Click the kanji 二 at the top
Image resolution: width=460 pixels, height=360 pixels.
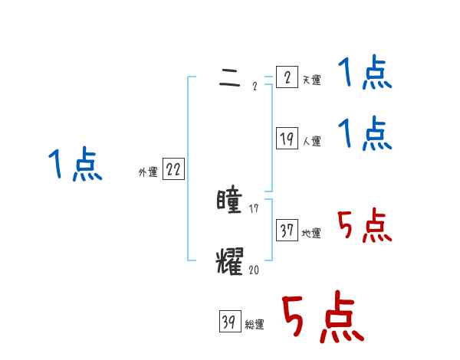tap(229, 77)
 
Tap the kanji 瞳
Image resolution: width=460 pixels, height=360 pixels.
tap(230, 201)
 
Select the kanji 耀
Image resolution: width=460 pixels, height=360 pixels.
tap(230, 260)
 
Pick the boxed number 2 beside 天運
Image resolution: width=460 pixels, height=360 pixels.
tap(287, 77)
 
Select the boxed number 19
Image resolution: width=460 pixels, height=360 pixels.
tap(287, 139)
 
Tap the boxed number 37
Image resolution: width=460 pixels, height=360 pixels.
tap(287, 231)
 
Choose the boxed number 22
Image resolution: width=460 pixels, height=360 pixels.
tap(173, 170)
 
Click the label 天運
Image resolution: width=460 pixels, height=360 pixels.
tap(311, 80)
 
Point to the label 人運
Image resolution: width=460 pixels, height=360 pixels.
tap(311, 141)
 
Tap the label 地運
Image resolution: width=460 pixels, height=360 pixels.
tap(311, 233)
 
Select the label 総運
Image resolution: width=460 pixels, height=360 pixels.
tap(255, 325)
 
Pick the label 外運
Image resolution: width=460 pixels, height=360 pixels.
tap(147, 172)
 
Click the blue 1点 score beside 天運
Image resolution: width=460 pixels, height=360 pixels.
tap(365, 74)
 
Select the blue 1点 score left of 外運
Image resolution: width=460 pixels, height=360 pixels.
tap(76, 165)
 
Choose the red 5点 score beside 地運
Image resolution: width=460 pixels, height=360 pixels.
tap(365, 226)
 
